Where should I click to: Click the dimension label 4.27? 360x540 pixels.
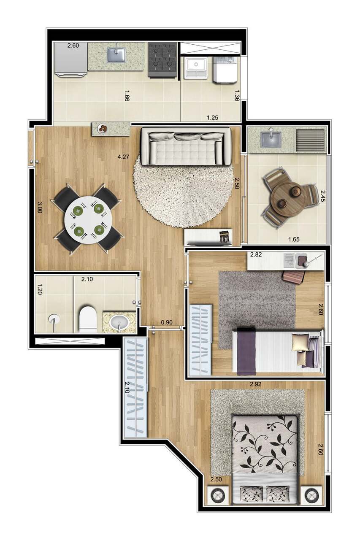pos(124,157)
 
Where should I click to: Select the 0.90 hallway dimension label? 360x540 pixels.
pos(167,323)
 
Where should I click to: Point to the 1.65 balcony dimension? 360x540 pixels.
pos(294,240)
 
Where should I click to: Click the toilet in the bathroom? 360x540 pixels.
pos(88,319)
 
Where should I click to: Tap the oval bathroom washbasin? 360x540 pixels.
pos(118,323)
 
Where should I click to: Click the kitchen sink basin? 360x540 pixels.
pos(116,55)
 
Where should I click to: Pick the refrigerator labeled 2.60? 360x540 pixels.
pos(70,59)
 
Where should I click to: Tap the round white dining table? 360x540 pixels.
pos(89,219)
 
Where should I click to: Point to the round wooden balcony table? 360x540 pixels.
pos(288,199)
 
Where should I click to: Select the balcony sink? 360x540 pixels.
pos(271,140)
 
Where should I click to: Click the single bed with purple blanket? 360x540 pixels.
pos(277,352)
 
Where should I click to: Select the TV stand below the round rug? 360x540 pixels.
pos(208,238)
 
